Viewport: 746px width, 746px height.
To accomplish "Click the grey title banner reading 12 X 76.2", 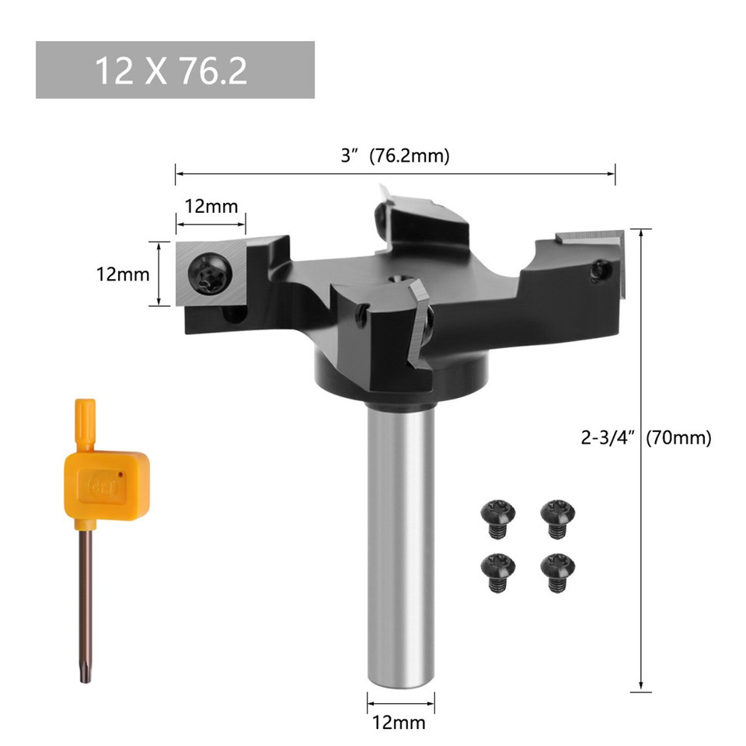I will point(175,70).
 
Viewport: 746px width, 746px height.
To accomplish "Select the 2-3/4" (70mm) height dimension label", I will point(646,437).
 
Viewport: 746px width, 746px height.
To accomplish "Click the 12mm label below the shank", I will point(400,723).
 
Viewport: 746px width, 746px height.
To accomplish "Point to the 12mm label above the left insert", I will point(211,207).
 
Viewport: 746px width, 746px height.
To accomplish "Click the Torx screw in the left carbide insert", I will point(211,274).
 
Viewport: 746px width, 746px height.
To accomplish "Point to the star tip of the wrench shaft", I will point(87,675).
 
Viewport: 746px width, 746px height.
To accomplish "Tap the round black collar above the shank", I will point(400,381).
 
